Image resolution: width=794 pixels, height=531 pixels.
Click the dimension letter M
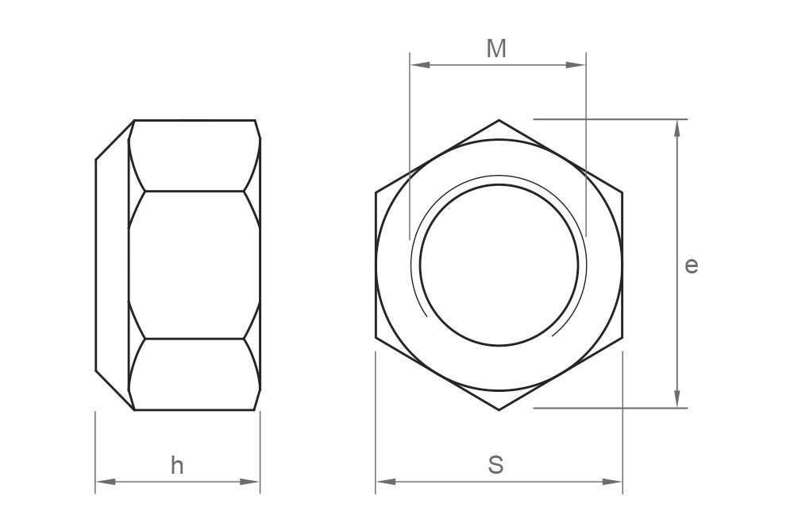tap(496, 49)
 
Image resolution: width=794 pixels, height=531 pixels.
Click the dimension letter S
tap(495, 465)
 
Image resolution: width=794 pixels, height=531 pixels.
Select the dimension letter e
tap(692, 265)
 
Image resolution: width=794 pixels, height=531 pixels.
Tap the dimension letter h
tap(177, 466)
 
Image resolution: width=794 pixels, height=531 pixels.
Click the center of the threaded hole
tap(499, 265)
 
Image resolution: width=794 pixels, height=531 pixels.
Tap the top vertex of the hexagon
tap(499, 121)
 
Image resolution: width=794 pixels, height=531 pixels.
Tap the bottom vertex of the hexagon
tap(499, 410)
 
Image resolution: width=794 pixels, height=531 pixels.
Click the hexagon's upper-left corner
tap(376, 192)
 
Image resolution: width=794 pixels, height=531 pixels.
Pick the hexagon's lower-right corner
tap(622, 337)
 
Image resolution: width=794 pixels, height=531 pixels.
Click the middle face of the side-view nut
tap(195, 265)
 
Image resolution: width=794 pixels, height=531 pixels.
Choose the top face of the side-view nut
tap(195, 156)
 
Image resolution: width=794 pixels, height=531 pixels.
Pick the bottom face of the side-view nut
tap(195, 374)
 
